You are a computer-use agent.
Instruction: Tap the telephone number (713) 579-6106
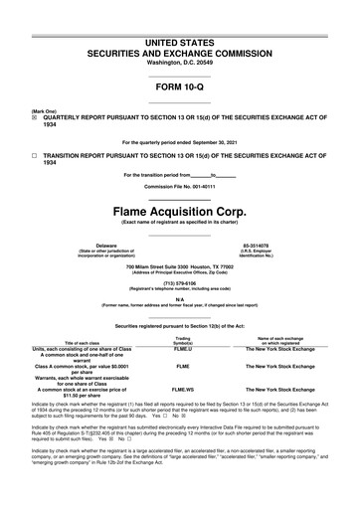click(179, 280)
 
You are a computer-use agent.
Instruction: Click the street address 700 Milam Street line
click(179, 266)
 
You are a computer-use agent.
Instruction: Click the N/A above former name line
click(179, 298)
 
